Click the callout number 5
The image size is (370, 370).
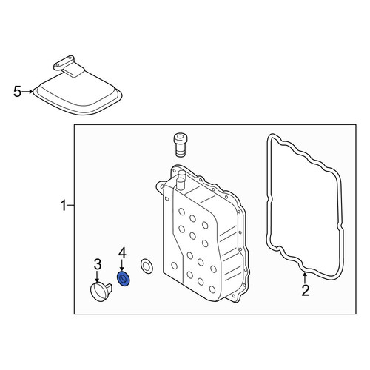[x=18, y=92]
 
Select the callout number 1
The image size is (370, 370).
[x=64, y=206]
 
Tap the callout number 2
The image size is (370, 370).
[x=306, y=290]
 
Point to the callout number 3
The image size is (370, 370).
[x=98, y=264]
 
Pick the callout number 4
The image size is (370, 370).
[x=122, y=253]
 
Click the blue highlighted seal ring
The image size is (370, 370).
[x=124, y=279]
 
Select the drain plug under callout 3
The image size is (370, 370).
[x=101, y=292]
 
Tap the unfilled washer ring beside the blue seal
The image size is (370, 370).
[x=147, y=266]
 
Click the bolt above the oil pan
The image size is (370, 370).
[x=181, y=145]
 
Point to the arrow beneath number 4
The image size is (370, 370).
[x=122, y=266]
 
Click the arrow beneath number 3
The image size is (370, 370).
[x=97, y=276]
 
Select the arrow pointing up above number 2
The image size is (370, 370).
[x=305, y=278]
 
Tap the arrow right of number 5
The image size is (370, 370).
[x=27, y=92]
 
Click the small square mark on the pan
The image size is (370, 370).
[x=166, y=198]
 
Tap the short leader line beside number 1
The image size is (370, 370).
[x=71, y=205]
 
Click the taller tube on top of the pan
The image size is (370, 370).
[x=181, y=184]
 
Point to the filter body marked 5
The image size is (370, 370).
[x=78, y=92]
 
